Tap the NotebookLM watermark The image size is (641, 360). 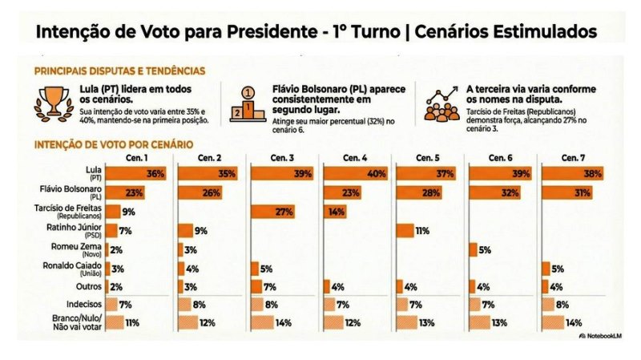pos(603,336)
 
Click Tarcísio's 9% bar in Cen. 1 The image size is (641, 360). pos(111,212)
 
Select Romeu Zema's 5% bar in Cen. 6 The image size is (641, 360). pos(472,249)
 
